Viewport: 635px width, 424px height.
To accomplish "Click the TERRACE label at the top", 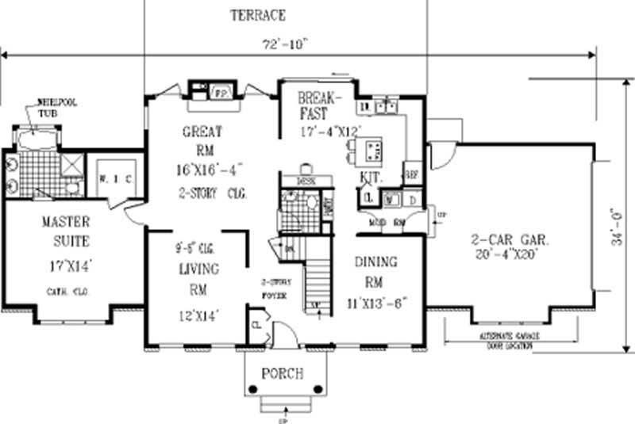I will coord(257,15).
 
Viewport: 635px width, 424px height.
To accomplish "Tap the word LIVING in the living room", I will coord(198,269).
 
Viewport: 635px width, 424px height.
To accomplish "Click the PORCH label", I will coord(282,373).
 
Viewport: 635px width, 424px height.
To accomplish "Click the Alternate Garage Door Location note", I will coord(509,341).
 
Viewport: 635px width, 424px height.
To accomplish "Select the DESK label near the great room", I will coord(306,181).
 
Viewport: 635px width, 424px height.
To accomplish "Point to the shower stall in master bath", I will coord(72,164).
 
